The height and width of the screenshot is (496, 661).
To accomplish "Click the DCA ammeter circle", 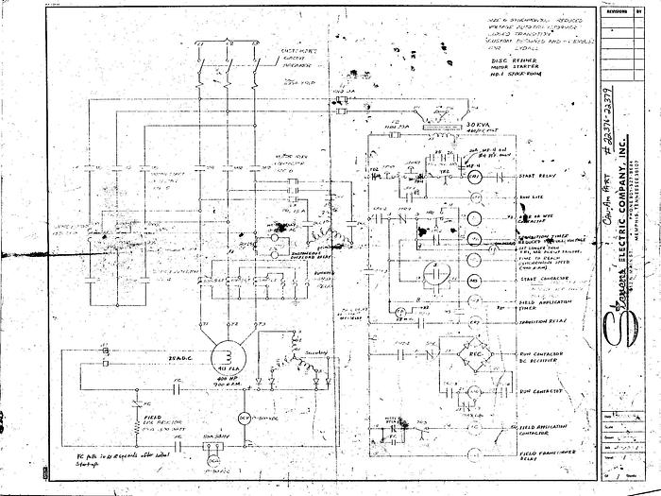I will [x=213, y=458].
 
